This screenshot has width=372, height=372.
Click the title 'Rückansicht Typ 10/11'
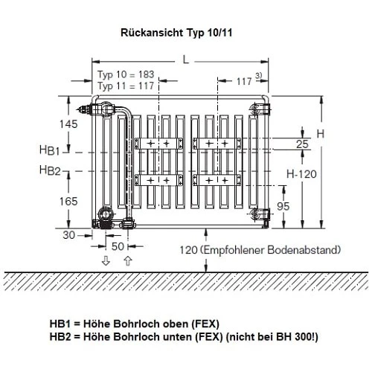[x=186, y=33]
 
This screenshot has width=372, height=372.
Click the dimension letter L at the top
[x=184, y=60]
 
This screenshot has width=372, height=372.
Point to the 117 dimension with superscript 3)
[x=249, y=80]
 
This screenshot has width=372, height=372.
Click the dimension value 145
[x=68, y=124]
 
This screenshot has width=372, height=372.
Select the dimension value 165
[x=68, y=201]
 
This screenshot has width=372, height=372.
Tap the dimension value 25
[x=302, y=144]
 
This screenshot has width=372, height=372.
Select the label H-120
[x=304, y=173]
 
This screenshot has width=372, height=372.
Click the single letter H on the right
[x=320, y=134]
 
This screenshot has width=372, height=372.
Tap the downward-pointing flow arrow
[x=106, y=260]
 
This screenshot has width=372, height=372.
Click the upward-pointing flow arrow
[x=127, y=260]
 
